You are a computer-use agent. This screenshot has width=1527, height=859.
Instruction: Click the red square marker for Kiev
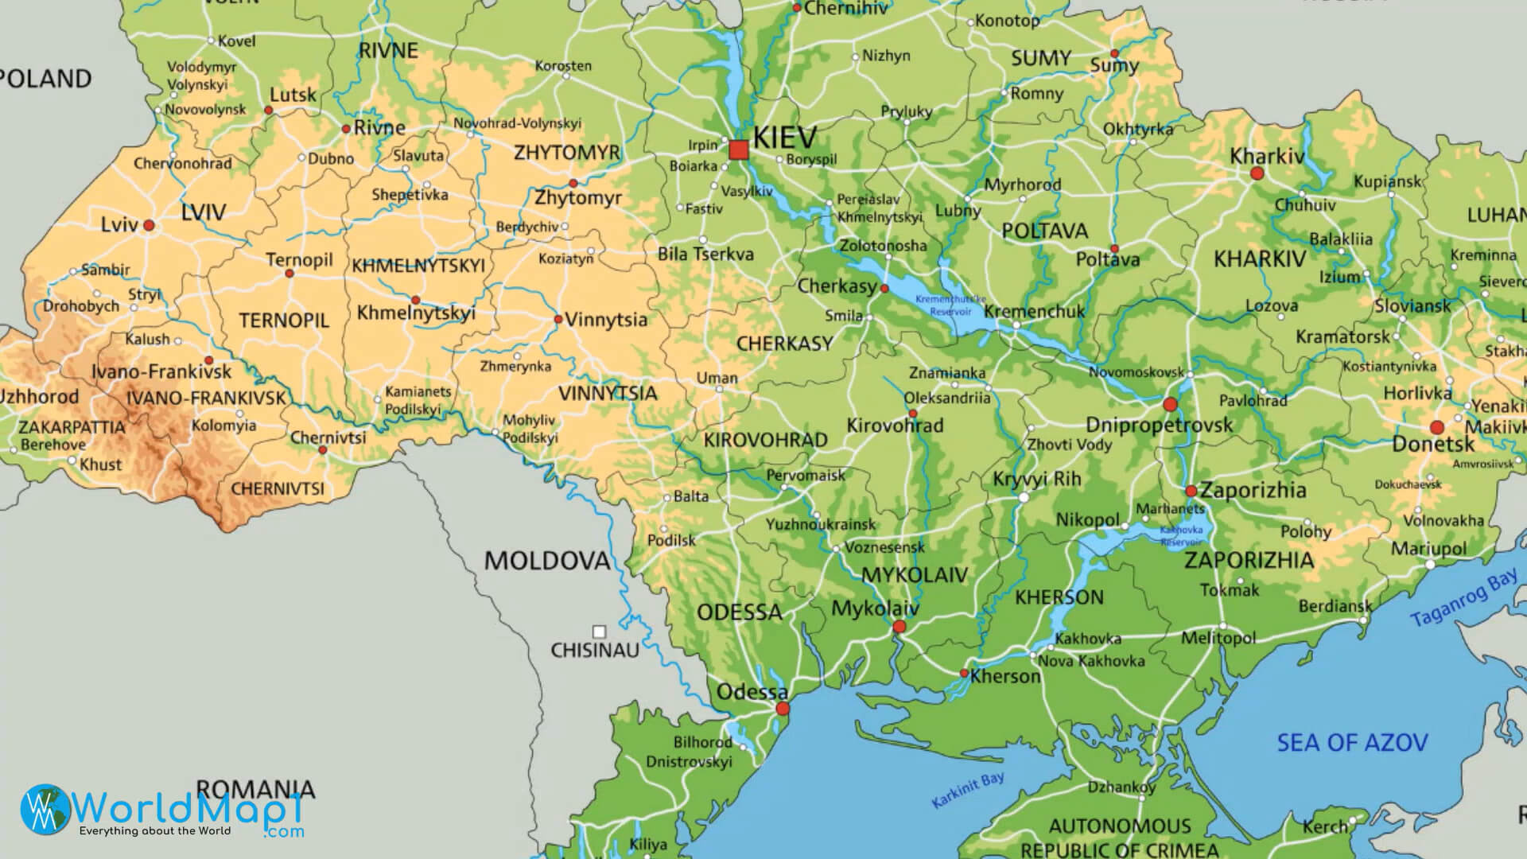[739, 150]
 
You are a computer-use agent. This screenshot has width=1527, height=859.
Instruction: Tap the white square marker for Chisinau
[599, 632]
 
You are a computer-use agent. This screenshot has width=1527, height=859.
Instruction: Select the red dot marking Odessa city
[783, 708]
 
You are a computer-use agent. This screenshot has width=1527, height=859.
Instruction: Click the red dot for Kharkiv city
[1257, 173]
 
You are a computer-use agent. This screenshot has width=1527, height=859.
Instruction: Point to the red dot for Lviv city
[149, 226]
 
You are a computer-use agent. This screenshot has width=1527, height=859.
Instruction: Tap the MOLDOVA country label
[546, 562]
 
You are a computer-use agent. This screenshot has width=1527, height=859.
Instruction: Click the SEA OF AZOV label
[1352, 743]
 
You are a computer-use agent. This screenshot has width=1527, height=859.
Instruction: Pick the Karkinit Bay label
[967, 790]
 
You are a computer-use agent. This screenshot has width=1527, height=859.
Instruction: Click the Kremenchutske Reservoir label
[950, 305]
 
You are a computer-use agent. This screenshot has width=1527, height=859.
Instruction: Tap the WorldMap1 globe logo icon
[45, 810]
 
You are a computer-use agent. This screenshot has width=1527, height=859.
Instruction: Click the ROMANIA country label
[255, 789]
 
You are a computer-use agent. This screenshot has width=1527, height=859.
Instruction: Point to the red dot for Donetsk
[1436, 427]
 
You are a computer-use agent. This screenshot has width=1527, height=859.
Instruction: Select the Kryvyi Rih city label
[1036, 479]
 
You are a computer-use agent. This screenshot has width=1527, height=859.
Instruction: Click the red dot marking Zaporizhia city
[1191, 491]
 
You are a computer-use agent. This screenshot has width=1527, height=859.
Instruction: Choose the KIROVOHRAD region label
[765, 440]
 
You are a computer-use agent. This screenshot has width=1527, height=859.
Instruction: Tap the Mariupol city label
[1428, 549]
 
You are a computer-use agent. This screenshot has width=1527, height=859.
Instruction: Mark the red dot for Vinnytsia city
[558, 320]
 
